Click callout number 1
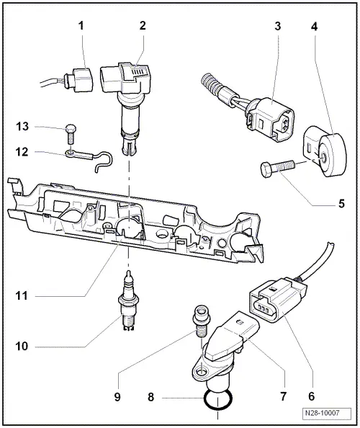82,26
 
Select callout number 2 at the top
143,26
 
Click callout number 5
342,203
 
